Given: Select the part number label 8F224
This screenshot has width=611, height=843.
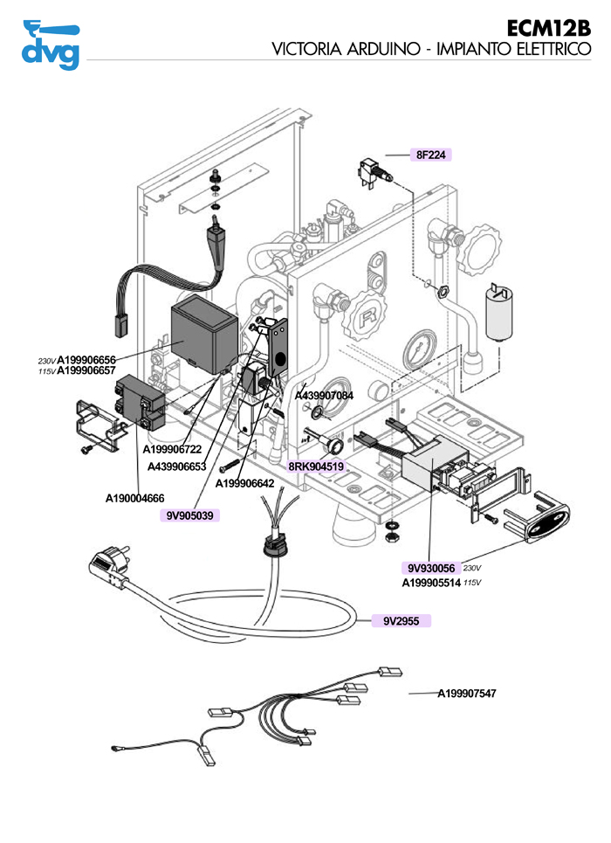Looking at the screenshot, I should coord(430,155).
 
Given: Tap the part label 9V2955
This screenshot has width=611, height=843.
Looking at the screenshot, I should coord(402,621).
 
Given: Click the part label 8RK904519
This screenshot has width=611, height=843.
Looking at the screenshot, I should coord(316,466).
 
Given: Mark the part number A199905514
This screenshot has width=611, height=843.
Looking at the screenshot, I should coord(431,583).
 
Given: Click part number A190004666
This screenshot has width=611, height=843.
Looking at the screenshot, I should coord(134,499).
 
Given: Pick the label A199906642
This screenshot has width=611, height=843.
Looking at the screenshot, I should coord(244,483).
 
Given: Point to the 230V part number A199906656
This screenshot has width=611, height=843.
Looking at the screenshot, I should coord(86,360).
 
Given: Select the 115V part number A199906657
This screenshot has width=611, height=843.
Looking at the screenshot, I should coord(86,371).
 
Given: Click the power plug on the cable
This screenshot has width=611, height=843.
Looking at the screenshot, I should coord(111,569).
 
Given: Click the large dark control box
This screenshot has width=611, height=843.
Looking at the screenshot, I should coord(203,333).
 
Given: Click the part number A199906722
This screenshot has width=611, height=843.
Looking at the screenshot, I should coord(173,449).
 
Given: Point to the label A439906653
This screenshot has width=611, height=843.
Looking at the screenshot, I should coord(176,466).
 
